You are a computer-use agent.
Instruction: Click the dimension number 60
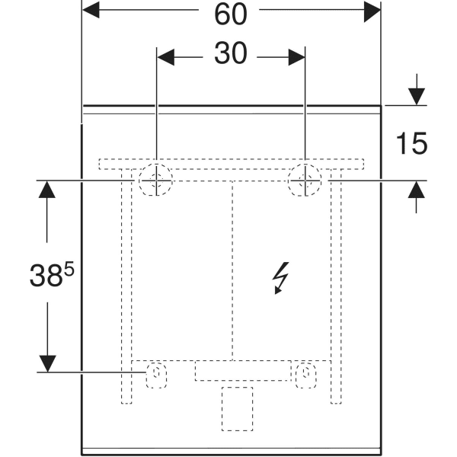[x=231, y=14]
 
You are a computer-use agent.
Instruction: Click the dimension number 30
[x=231, y=53]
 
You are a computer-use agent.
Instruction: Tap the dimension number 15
[x=411, y=143]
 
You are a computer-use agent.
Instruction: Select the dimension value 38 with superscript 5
[x=52, y=274]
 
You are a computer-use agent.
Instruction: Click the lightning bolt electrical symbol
[x=280, y=278]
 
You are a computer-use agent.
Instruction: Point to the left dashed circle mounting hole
[x=156, y=180]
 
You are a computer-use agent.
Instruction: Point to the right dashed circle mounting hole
[x=305, y=180]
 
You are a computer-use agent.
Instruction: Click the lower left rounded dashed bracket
[x=156, y=375]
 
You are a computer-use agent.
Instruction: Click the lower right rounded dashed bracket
[x=305, y=375]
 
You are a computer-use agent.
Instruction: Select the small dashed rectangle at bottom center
[x=237, y=408]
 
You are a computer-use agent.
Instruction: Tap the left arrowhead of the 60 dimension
[x=91, y=10]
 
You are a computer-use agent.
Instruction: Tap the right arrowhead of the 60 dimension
[x=372, y=11]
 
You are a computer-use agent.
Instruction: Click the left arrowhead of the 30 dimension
[x=166, y=57]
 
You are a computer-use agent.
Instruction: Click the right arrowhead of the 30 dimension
[x=297, y=57]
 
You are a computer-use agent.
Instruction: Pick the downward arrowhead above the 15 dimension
[x=417, y=97]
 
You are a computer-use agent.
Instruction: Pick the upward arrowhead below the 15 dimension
[x=416, y=190]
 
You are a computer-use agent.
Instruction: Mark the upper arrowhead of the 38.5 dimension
[x=47, y=190]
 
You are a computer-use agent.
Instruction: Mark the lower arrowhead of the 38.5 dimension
[x=47, y=364]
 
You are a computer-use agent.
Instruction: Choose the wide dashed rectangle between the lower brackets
[x=243, y=370]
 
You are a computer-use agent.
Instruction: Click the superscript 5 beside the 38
[x=69, y=269]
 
